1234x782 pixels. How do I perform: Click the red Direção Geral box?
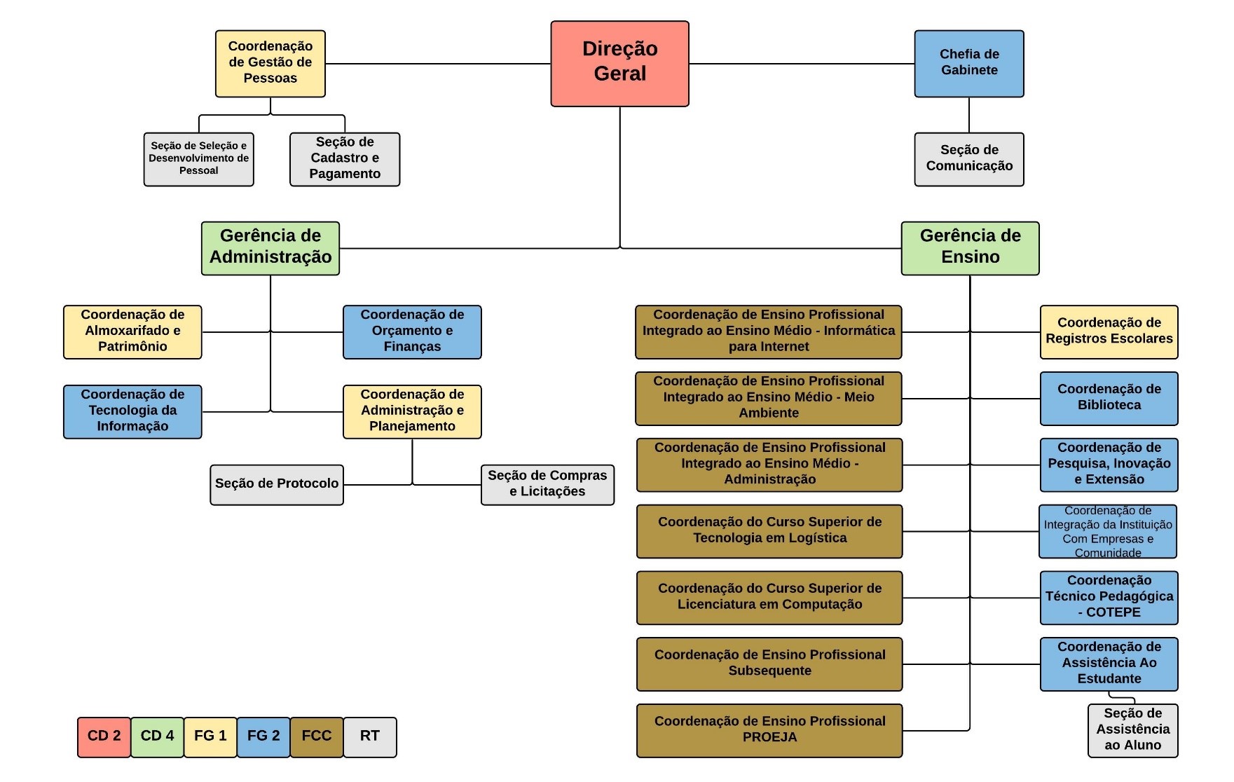619,64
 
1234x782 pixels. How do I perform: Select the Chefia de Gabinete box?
969,64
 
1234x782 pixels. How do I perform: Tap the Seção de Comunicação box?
969,159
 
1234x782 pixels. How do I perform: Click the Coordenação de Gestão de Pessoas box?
270,64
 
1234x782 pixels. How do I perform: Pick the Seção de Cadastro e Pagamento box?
345,159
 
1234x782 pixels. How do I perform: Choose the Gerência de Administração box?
270,248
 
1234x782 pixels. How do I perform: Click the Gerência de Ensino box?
970,248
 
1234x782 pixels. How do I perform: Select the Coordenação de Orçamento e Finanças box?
412,332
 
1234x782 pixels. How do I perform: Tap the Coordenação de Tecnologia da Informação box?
132,412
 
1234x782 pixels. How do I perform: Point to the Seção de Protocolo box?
277,485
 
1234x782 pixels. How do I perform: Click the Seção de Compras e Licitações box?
547,485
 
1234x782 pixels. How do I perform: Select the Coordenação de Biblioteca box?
1109,399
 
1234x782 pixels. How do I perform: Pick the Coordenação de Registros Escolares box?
1109,332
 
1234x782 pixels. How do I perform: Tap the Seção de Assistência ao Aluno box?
1133,731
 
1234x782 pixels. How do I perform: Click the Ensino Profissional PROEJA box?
769,731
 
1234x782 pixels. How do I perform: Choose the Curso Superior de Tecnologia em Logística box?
769,531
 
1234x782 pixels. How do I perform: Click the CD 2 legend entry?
104,737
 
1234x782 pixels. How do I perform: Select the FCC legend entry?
317,737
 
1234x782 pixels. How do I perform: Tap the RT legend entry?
370,737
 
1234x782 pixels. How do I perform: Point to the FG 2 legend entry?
263,737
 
